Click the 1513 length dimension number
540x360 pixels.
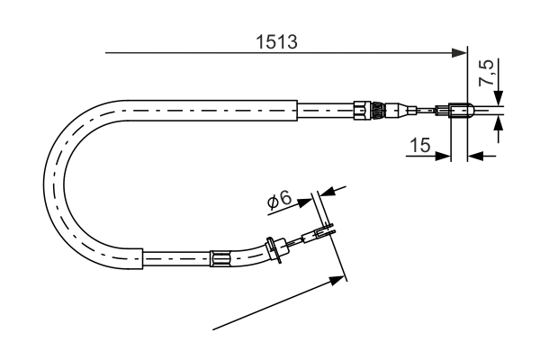(x=276, y=41)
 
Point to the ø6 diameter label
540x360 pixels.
(x=279, y=202)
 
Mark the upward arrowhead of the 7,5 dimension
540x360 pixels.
(x=499, y=126)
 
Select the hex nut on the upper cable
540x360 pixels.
(x=363, y=110)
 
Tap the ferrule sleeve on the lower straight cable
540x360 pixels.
(x=220, y=259)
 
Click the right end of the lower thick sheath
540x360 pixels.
(x=143, y=259)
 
